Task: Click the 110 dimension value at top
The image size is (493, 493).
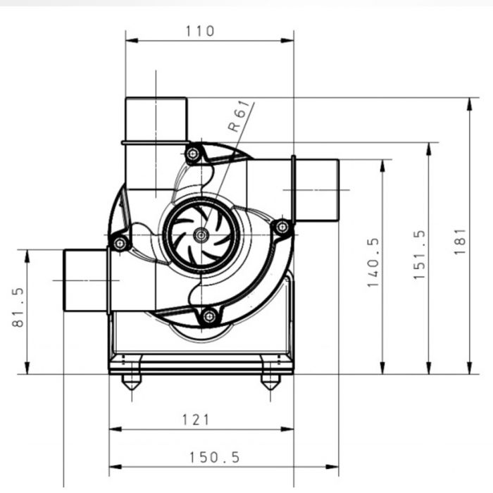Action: coord(200,31)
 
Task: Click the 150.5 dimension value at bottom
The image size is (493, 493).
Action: coord(214,457)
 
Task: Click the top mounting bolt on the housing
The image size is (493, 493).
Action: coord(192,154)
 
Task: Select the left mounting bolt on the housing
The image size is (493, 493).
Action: coord(120,244)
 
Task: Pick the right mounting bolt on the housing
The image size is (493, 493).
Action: coord(282,227)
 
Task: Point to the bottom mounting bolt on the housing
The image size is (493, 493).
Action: coord(208,316)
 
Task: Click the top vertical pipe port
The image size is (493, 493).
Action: coord(156,119)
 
